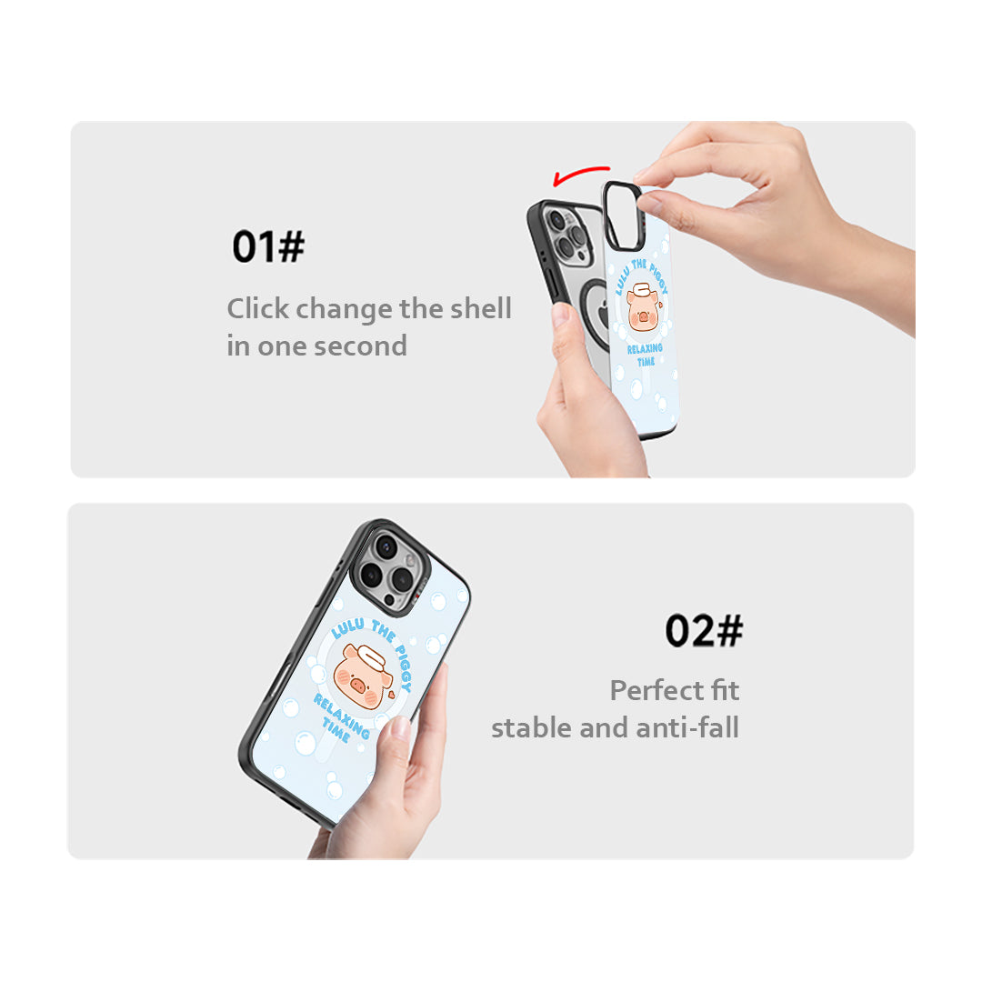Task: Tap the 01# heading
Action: (268, 246)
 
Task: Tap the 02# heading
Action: (704, 630)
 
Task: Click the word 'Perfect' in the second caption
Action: (656, 690)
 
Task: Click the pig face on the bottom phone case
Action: (362, 676)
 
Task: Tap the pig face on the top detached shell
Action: (643, 307)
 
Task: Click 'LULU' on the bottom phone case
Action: (348, 627)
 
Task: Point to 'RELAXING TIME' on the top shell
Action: (645, 355)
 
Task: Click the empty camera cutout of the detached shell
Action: (622, 215)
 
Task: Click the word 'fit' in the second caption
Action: (726, 690)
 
